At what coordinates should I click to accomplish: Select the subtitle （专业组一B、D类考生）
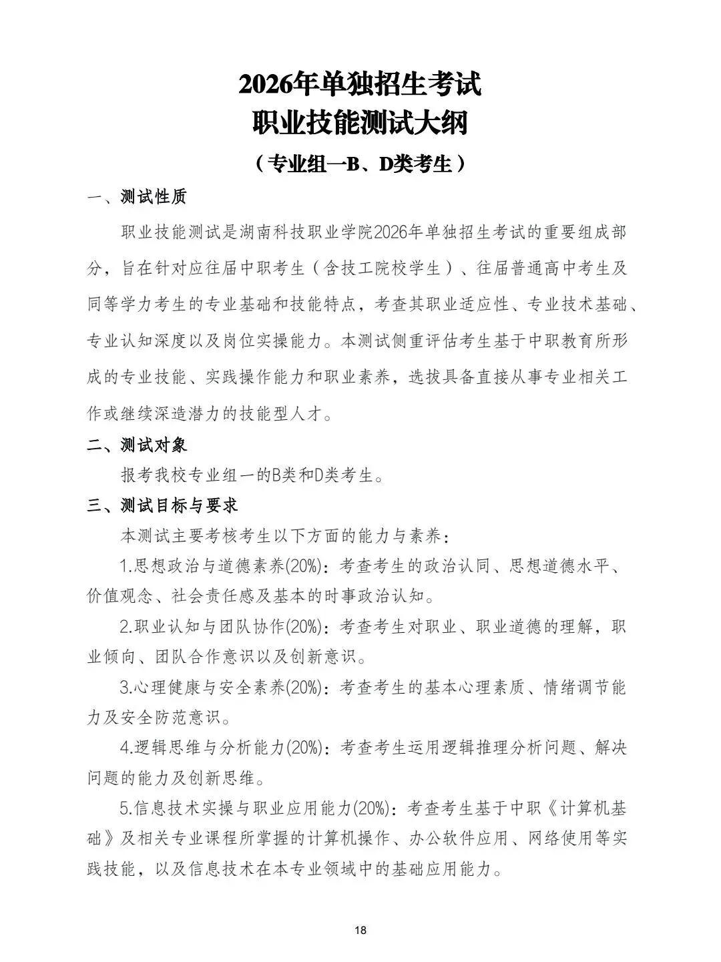[360, 163]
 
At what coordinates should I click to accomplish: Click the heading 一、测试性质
[138, 197]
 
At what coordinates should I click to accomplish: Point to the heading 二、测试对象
[138, 445]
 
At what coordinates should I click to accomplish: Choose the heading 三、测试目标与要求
[162, 506]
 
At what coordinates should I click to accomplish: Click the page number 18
[360, 930]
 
